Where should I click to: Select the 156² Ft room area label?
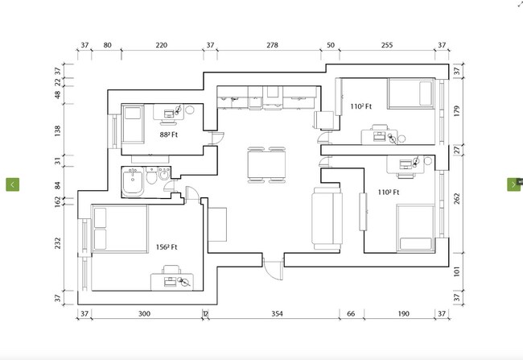[x=167, y=246]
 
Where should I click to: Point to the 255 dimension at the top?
[x=386, y=46]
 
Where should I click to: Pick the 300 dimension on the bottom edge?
[x=144, y=314]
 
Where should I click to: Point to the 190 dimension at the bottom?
[x=403, y=314]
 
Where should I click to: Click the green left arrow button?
[x=13, y=184]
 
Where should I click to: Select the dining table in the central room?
[x=266, y=164]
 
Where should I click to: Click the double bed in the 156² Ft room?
[x=120, y=228]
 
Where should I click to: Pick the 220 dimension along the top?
[x=161, y=46]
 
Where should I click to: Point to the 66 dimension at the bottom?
[x=351, y=314]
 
